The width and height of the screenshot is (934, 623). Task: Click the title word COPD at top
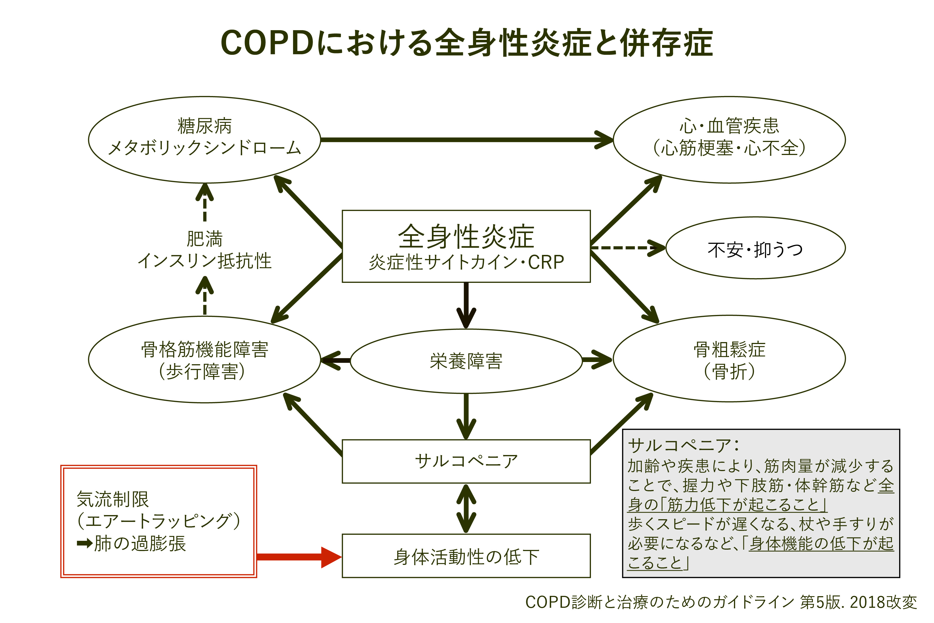pos(267,43)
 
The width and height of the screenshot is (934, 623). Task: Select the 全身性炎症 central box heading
pos(466,237)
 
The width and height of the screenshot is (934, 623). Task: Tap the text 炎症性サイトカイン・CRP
pos(466,262)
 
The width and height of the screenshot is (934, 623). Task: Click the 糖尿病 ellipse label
pos(204,126)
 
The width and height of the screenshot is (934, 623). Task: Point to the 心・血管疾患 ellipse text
pos(729,126)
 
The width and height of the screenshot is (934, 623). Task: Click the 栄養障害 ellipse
pos(466,361)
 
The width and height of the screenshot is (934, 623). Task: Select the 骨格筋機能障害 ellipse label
pos(204,350)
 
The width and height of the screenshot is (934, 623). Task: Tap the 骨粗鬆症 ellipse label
pos(729,350)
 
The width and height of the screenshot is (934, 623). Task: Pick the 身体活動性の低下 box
pos(466,557)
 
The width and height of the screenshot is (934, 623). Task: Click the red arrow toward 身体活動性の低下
pos(298,557)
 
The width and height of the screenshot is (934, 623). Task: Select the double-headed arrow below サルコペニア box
pos(466,509)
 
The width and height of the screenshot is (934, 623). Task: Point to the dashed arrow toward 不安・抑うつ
pos(626,248)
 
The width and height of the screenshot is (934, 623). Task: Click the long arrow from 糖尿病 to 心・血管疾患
pos(465,140)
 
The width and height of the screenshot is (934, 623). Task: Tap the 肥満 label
pos(204,239)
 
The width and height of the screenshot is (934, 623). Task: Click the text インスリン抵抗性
pos(204,261)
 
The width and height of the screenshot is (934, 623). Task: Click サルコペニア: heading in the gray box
pos(683,445)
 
